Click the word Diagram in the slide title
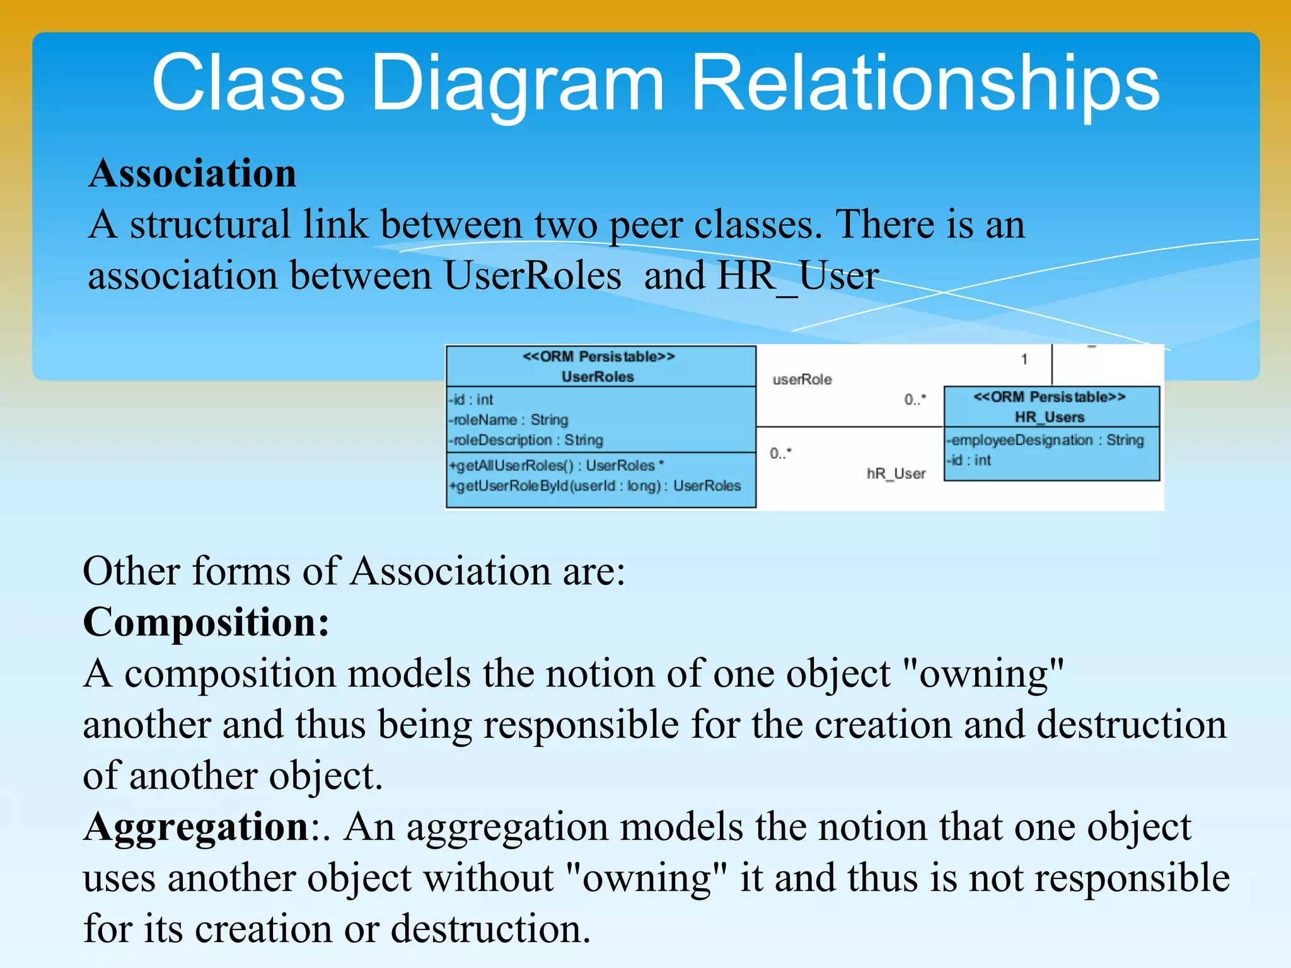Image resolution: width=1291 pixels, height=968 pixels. point(517,83)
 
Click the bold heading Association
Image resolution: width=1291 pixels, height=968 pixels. point(192,173)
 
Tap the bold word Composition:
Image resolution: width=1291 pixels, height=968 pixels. point(206,622)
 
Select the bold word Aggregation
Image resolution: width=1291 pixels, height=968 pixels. point(196,826)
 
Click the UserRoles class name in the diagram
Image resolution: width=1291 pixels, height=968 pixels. point(598,377)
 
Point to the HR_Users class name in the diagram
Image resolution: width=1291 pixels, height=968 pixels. point(1050,417)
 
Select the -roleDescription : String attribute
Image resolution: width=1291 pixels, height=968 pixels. point(526,440)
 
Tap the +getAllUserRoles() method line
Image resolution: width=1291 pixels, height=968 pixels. point(556,466)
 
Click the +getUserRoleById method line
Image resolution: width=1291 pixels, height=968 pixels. point(594,486)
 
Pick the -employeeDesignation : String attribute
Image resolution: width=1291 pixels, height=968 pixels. point(1045,440)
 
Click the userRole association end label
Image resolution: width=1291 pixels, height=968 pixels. point(802,379)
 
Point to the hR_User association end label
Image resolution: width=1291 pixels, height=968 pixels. point(896,473)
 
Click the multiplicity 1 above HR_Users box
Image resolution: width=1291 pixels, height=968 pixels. point(1024,359)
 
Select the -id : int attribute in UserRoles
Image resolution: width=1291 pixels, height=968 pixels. point(471,400)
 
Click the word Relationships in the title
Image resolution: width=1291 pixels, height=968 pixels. point(925,83)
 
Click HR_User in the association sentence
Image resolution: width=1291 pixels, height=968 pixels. point(797,276)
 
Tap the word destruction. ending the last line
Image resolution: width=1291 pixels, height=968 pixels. point(490,929)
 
